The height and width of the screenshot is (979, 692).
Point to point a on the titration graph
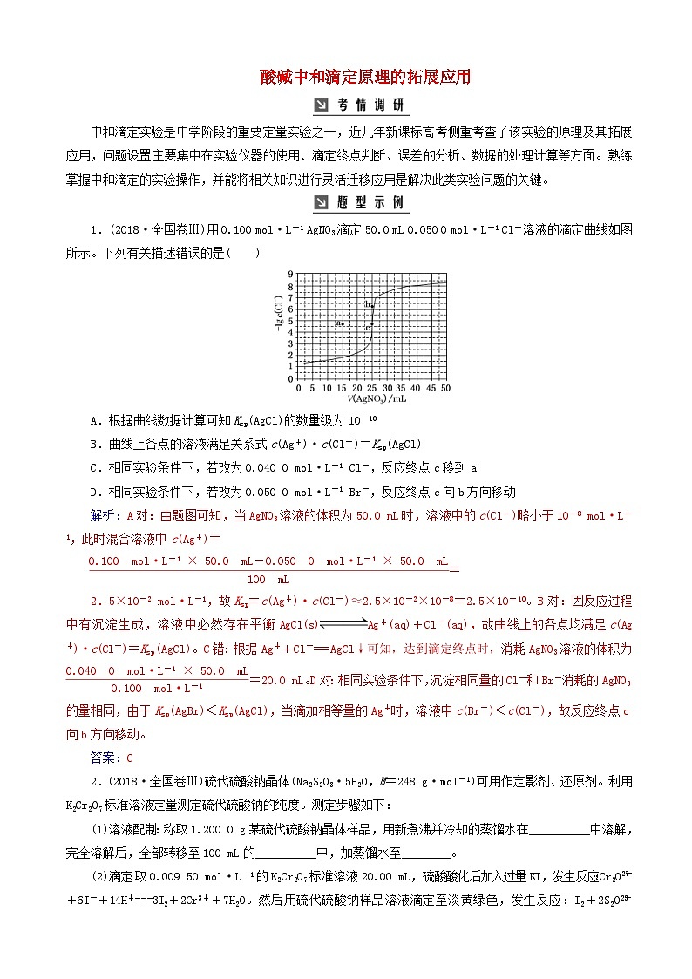[341, 323]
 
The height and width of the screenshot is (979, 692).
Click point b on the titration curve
[370, 304]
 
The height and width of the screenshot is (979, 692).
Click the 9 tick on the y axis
[292, 274]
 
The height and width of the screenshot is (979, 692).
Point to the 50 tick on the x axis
[445, 387]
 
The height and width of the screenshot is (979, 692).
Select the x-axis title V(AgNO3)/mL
[370, 398]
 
